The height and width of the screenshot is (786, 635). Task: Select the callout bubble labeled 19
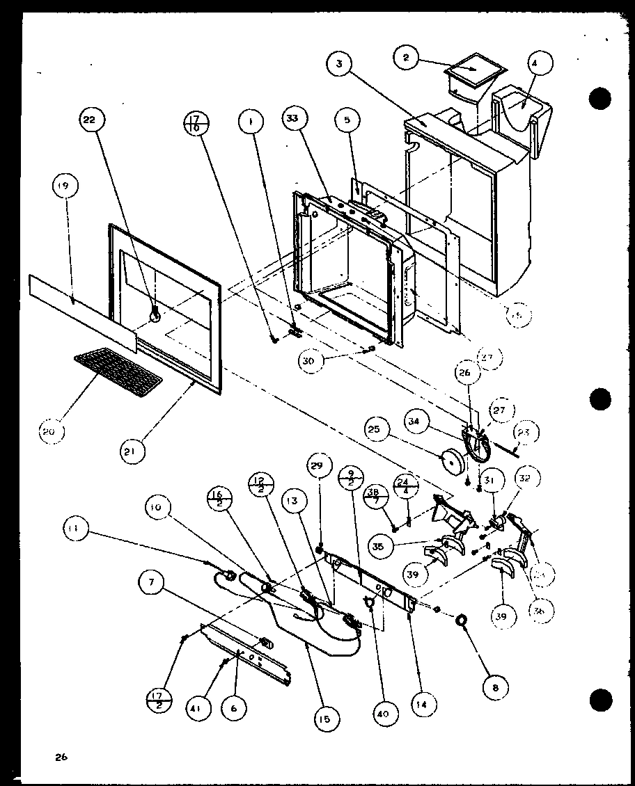click(x=64, y=186)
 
